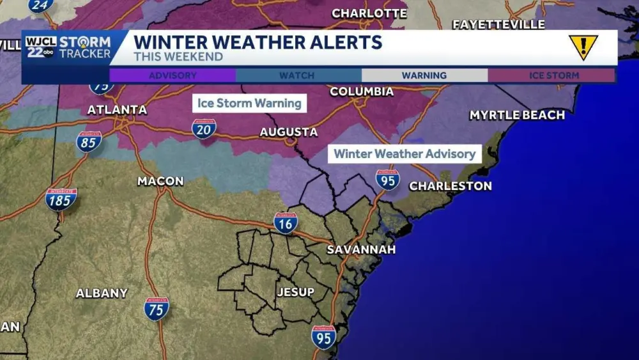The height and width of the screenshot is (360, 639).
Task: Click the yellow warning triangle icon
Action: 583,47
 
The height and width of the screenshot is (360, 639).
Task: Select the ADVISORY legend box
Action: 173,75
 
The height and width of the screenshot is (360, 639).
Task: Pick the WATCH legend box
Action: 297,75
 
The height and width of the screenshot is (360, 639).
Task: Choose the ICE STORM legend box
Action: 553,75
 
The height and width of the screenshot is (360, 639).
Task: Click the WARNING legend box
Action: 424,75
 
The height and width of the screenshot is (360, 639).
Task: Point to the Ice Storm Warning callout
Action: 249,103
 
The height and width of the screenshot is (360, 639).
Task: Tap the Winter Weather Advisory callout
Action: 404,153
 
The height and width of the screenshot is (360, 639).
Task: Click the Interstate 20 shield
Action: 204,129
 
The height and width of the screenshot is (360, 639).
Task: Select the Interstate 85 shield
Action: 89,141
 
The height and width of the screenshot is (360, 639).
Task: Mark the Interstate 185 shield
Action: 61,200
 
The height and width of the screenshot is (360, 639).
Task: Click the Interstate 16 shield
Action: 286,223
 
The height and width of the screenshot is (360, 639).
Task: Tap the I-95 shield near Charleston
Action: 387,180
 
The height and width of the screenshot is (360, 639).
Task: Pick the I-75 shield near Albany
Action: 157,308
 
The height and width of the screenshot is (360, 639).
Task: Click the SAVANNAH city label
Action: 361,249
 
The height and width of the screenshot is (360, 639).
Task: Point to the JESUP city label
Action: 295,292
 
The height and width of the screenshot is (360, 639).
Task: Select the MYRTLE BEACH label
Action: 517,115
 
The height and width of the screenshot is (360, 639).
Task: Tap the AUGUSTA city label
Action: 288,132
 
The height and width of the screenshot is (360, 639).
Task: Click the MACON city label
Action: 160,182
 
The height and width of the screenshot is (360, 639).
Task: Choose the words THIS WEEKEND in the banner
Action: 178,57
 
